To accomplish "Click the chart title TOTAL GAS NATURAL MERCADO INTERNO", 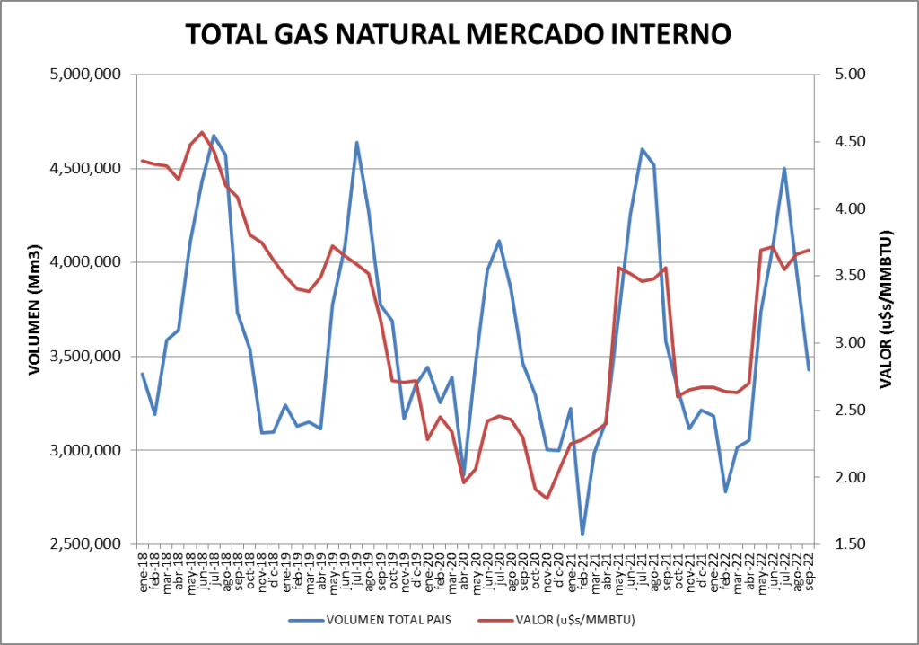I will tap(458, 34).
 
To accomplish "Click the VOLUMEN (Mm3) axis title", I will tap(36, 310).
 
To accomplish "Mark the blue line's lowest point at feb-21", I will tap(582, 535).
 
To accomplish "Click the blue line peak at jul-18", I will tap(214, 136).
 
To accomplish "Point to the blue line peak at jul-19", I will tap(356, 142).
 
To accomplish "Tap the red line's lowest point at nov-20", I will tap(547, 499).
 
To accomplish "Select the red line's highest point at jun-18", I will tap(202, 132).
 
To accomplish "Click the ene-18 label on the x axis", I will tap(143, 566).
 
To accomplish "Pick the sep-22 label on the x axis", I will tap(809, 566).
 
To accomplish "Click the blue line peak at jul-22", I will tap(784, 168).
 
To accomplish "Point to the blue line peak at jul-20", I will tap(499, 241).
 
